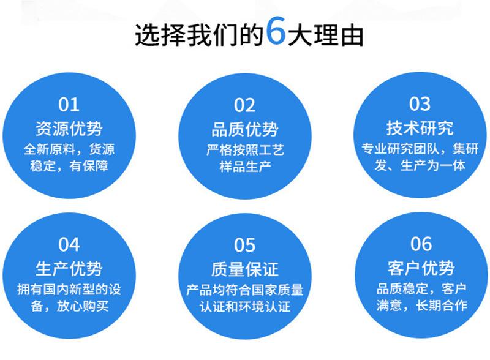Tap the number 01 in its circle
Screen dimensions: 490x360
(x=69, y=104)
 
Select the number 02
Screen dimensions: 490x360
(x=244, y=105)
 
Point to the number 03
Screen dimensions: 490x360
(x=420, y=103)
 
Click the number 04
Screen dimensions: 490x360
(x=69, y=244)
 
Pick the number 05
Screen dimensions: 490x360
(x=244, y=245)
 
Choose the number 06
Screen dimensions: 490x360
(x=421, y=244)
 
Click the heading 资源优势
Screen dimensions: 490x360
(x=69, y=129)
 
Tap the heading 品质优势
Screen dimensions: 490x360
(x=244, y=129)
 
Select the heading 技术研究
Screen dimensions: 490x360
(x=420, y=128)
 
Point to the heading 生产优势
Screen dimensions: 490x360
(x=69, y=268)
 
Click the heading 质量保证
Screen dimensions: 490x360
(x=244, y=269)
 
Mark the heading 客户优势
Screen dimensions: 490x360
(x=421, y=268)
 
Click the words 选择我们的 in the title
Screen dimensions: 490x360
(x=200, y=34)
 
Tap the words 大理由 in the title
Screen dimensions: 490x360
(x=326, y=34)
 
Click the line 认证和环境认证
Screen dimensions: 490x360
(x=245, y=307)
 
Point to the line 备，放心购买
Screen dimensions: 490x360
(x=69, y=306)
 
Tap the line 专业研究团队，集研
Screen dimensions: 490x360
(x=420, y=149)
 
